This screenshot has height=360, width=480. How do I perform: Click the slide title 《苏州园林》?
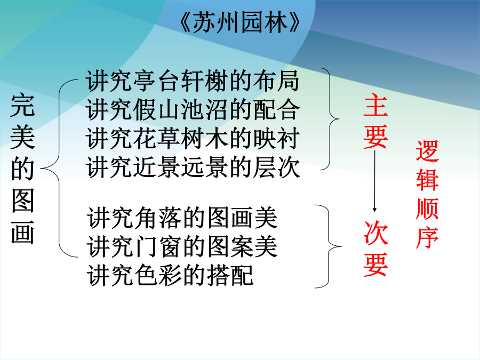pyautogui.click(x=239, y=22)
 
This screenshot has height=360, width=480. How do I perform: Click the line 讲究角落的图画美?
pyautogui.click(x=182, y=218)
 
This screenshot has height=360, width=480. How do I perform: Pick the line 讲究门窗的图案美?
pyautogui.click(x=182, y=247)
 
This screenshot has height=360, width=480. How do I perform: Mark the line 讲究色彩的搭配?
pyautogui.click(x=170, y=276)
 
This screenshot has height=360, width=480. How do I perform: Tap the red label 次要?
pyautogui.click(x=375, y=249)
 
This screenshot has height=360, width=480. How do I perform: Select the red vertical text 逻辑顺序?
pyautogui.click(x=427, y=194)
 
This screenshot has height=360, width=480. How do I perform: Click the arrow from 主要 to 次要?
pyautogui.click(x=374, y=181)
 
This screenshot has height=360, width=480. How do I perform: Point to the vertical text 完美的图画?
pyautogui.click(x=22, y=169)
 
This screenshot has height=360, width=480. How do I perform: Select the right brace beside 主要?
pyautogui.click(x=330, y=119)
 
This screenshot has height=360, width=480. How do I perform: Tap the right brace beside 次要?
pyautogui.click(x=329, y=246)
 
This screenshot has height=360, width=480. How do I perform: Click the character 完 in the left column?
pyautogui.click(x=22, y=106)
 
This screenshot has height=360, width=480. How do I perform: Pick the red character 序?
pyautogui.click(x=427, y=237)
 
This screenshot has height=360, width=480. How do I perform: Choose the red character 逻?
pyautogui.click(x=427, y=151)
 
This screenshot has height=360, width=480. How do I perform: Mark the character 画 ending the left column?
pyautogui.click(x=22, y=233)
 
